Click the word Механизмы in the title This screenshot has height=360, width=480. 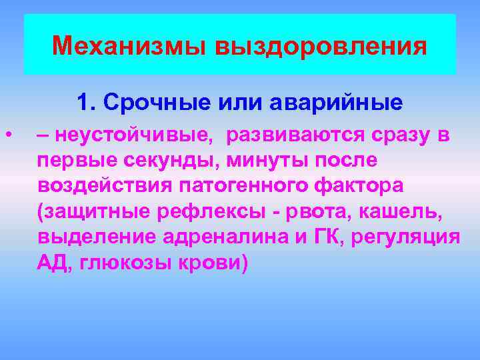coord(129,46)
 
